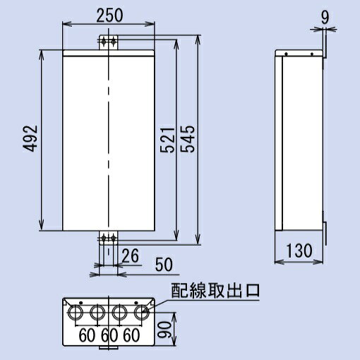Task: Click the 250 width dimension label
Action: [109, 14]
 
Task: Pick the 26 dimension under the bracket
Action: [128, 254]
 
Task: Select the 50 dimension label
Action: [163, 265]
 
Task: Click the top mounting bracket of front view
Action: [108, 42]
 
